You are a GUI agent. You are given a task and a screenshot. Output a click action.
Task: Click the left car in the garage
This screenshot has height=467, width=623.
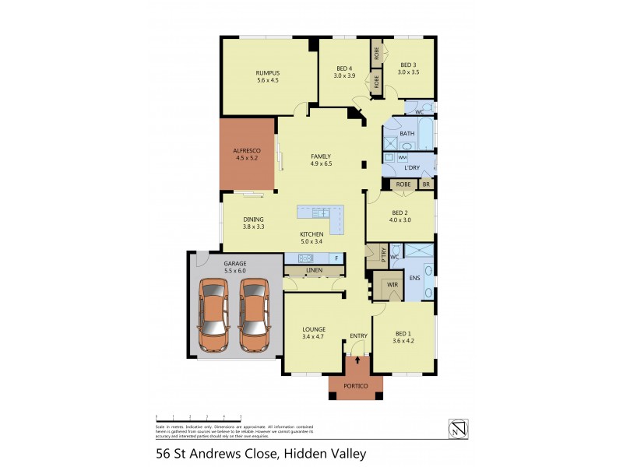click(x=213, y=315)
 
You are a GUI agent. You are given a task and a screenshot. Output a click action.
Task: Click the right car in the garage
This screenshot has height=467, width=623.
click(x=253, y=315)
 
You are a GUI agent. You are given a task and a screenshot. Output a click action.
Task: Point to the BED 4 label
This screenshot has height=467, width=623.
click(x=343, y=68)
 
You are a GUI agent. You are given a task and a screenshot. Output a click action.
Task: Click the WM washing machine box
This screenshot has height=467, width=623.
click(x=402, y=157)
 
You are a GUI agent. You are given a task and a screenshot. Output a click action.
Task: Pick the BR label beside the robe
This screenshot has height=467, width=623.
click(x=426, y=184)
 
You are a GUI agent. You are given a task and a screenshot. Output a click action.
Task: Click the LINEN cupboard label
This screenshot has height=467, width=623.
click(x=314, y=271)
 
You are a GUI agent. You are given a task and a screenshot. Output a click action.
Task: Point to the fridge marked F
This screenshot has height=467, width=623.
click(x=335, y=258)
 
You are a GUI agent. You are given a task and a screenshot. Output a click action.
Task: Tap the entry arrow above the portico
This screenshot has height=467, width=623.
click(x=358, y=360)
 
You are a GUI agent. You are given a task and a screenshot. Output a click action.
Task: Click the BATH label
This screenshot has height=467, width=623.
click(x=407, y=134)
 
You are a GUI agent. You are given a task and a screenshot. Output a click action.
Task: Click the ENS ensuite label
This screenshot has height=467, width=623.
click(x=414, y=277)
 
